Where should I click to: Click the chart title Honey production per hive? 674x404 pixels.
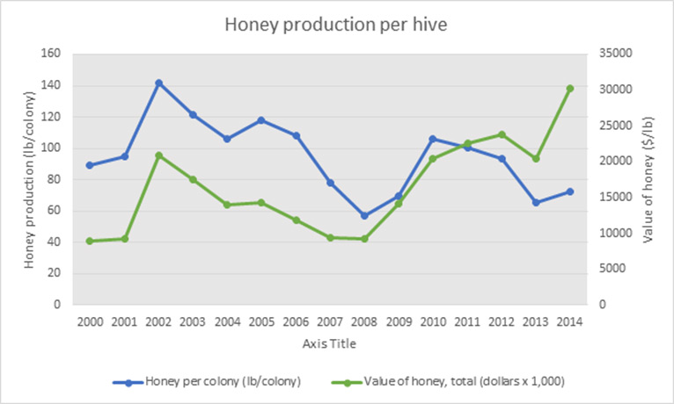pyautogui.click(x=337, y=25)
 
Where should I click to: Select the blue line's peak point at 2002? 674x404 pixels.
pyautogui.click(x=158, y=83)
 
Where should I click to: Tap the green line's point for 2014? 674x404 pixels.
pyautogui.click(x=570, y=89)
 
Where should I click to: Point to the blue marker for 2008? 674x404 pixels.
pyautogui.click(x=364, y=215)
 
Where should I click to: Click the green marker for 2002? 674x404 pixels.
pyautogui.click(x=158, y=155)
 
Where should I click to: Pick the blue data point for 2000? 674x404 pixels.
pyautogui.click(x=90, y=165)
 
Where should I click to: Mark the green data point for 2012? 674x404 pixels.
pyautogui.click(x=502, y=134)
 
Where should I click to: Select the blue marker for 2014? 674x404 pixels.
pyautogui.click(x=570, y=191)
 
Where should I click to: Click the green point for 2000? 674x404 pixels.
pyautogui.click(x=90, y=241)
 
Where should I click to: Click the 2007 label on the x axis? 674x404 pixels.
pyautogui.click(x=330, y=322)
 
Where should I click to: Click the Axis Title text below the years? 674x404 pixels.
pyautogui.click(x=330, y=343)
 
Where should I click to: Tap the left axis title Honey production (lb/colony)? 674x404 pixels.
pyautogui.click(x=29, y=178)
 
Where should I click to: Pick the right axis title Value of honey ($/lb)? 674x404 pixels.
pyautogui.click(x=648, y=178)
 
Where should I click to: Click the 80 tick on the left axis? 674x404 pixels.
pyautogui.click(x=54, y=179)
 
